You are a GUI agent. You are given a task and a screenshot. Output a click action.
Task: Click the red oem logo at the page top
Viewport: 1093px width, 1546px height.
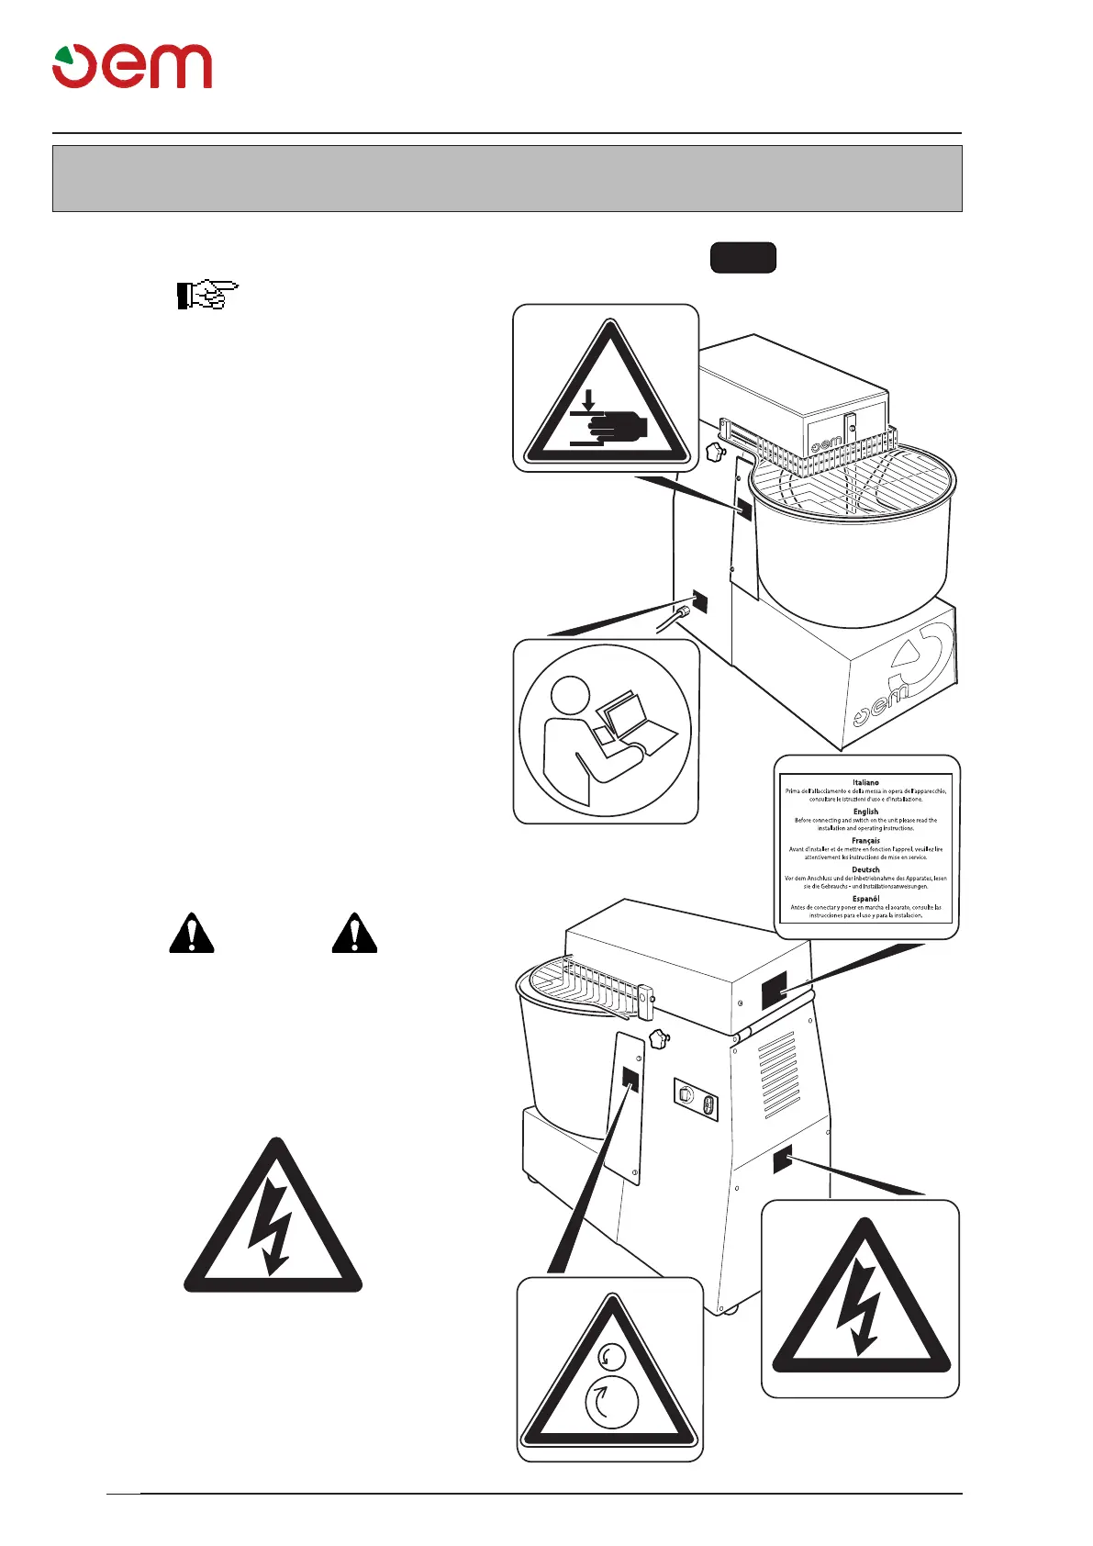click(x=132, y=66)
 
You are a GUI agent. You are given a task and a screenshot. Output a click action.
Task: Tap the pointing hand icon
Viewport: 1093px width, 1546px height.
click(x=207, y=295)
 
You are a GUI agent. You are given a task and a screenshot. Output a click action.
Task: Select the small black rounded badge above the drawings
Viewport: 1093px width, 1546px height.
click(x=742, y=258)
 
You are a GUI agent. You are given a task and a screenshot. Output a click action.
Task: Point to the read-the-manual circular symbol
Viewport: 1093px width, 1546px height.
click(x=605, y=731)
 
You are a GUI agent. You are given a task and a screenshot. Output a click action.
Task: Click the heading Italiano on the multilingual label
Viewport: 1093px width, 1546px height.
click(x=865, y=782)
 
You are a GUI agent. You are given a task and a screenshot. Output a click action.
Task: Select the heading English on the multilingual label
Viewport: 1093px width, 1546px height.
click(x=865, y=812)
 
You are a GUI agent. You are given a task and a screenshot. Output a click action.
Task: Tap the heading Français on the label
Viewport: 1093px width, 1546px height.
click(x=865, y=840)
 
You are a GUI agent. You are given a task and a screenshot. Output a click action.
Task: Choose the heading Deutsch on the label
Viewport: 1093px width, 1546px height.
click(x=865, y=869)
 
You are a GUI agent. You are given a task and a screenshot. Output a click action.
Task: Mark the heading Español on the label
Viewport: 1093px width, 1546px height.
click(x=865, y=899)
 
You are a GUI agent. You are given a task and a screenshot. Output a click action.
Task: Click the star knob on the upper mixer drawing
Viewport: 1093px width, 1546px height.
click(x=715, y=452)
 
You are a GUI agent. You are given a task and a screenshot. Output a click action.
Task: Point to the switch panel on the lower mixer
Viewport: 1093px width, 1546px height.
click(x=697, y=1099)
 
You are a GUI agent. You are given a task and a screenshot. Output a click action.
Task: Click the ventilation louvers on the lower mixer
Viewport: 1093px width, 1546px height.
click(x=778, y=1073)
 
